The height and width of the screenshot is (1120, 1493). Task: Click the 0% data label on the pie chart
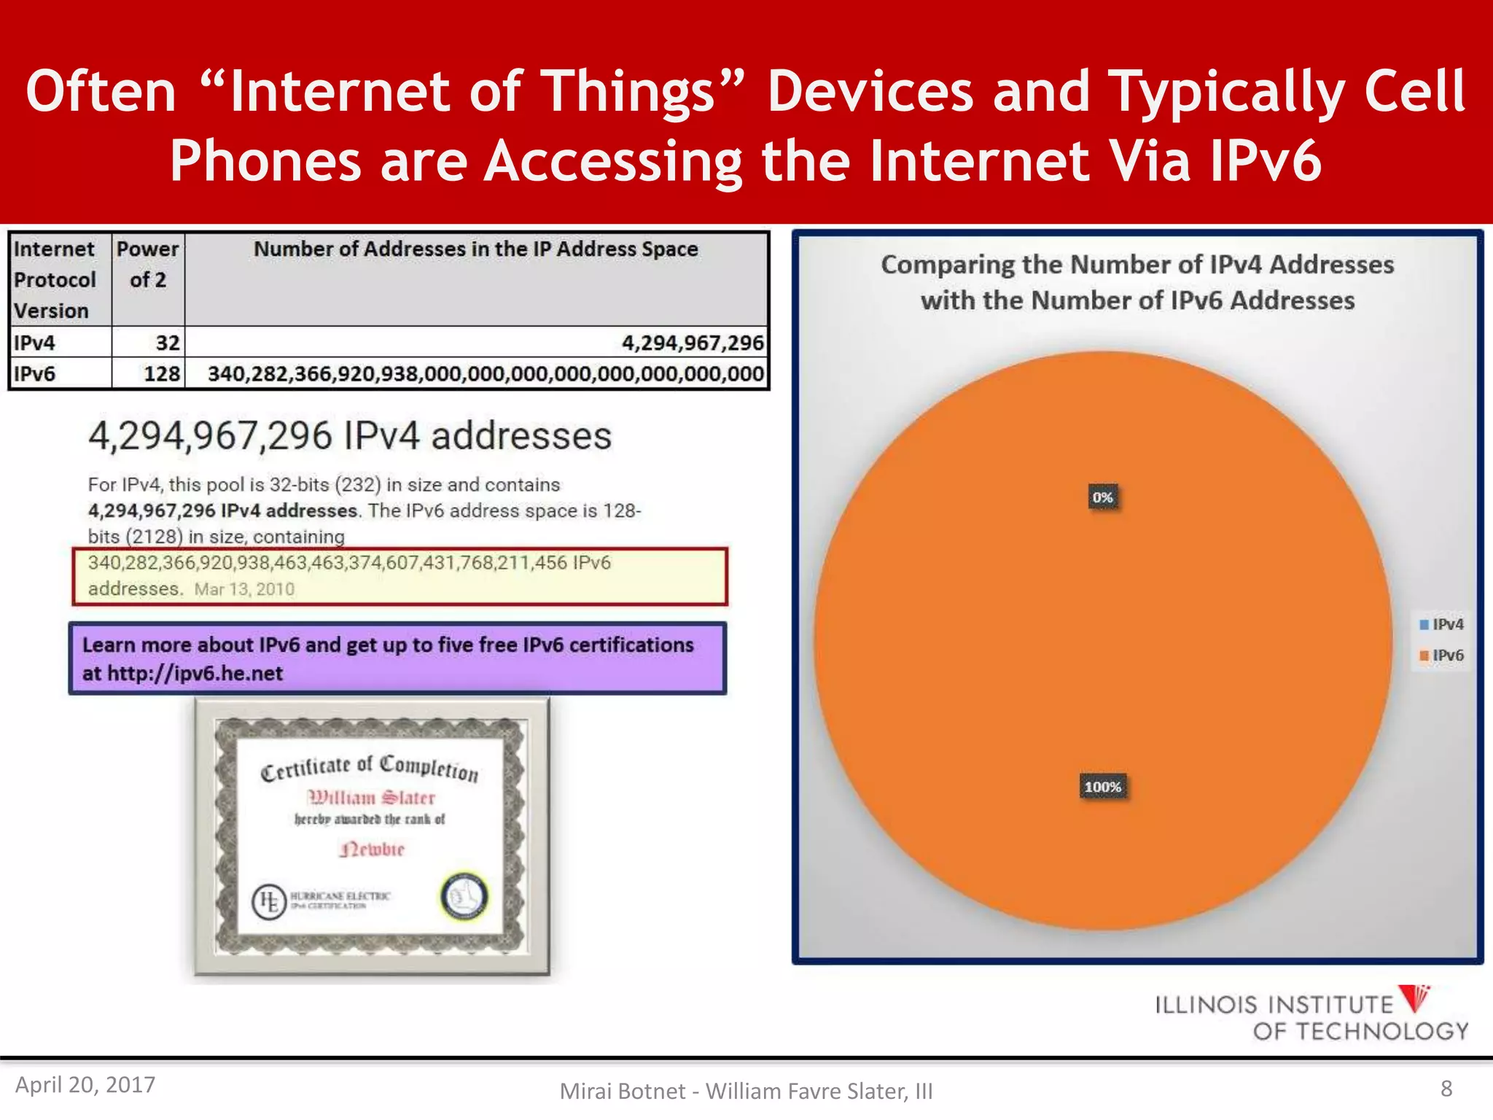[x=1102, y=497]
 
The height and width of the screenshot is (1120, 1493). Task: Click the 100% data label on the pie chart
[x=1102, y=787]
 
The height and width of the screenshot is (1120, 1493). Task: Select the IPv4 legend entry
[x=1442, y=624]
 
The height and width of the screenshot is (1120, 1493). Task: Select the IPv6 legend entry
[x=1442, y=655]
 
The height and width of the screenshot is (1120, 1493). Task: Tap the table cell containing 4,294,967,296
[x=693, y=342]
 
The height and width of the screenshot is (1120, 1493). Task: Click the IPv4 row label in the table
[x=35, y=342]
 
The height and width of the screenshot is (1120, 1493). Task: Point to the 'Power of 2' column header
[x=148, y=265]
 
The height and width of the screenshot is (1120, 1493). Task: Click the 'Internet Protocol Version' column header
[x=55, y=279]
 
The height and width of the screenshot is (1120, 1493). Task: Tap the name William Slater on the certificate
[x=372, y=797]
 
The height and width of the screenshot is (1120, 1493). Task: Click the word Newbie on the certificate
[x=372, y=849]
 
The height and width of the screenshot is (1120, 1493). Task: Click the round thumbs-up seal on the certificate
[x=464, y=896]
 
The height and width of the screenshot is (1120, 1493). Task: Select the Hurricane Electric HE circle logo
[x=269, y=901]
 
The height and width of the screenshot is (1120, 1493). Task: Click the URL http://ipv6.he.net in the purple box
[x=195, y=673]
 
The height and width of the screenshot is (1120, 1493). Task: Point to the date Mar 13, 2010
[x=244, y=589]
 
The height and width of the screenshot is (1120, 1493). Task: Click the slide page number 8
[x=1446, y=1089]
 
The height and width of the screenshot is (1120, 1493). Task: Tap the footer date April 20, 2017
[x=85, y=1084]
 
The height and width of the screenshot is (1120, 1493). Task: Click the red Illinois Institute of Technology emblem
[x=1416, y=997]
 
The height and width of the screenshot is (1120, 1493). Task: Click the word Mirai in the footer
[x=584, y=1091]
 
